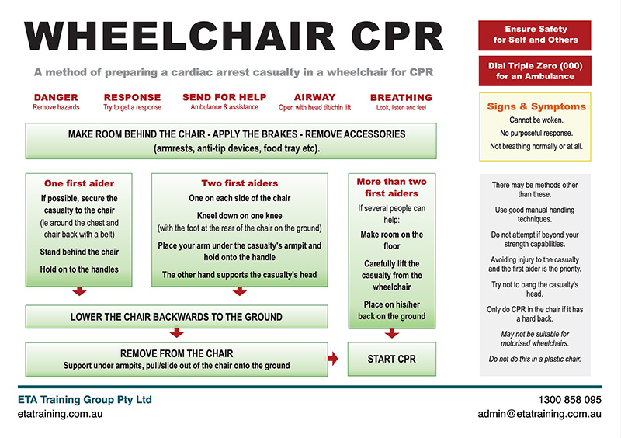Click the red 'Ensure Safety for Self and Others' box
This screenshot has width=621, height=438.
pos(536,35)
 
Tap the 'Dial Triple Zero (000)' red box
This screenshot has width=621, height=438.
pos(536,71)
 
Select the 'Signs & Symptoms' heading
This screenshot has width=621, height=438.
pos(536,106)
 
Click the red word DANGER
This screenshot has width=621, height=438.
pos(56,98)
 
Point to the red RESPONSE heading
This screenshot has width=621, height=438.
pos(132,98)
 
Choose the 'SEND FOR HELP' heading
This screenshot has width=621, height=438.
pos(224,98)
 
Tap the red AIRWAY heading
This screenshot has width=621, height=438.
pos(314,98)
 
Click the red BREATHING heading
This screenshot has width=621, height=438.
pos(401,98)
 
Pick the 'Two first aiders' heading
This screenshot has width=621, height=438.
pos(239,184)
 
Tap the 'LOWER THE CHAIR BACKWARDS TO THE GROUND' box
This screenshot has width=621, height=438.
pos(176,317)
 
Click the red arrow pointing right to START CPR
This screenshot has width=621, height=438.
pos(334,359)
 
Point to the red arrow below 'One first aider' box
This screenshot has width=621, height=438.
pos(79,292)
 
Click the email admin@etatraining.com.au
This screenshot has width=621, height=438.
pos(539,415)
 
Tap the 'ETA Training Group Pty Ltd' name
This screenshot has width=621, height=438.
pos(85,400)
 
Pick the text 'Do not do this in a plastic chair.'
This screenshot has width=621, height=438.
pos(536,360)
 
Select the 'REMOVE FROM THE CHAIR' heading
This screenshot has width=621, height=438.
pos(175,353)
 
